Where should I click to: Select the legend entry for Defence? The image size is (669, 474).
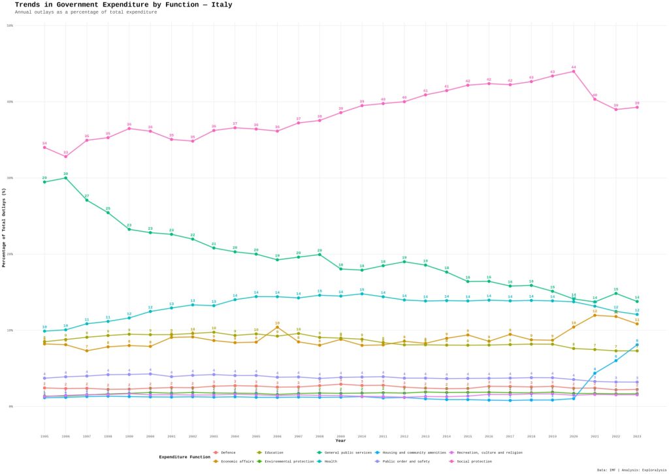pos(228,452)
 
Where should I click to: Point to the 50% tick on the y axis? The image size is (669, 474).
pos(10,25)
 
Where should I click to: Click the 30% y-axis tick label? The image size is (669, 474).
pos(10,178)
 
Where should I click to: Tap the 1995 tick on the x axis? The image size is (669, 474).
pos(44,435)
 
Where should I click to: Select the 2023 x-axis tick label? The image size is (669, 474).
pos(637,435)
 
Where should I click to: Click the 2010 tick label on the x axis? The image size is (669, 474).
pos(362,435)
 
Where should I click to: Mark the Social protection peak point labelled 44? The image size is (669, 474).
pos(574,71)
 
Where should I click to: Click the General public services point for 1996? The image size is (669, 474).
pos(65,178)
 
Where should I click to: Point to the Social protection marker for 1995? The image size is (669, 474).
pos(44,147)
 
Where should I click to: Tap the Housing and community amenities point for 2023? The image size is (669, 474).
pos(637,345)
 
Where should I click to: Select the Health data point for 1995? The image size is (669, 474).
pos(44,331)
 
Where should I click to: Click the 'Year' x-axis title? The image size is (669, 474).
pos(340,441)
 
